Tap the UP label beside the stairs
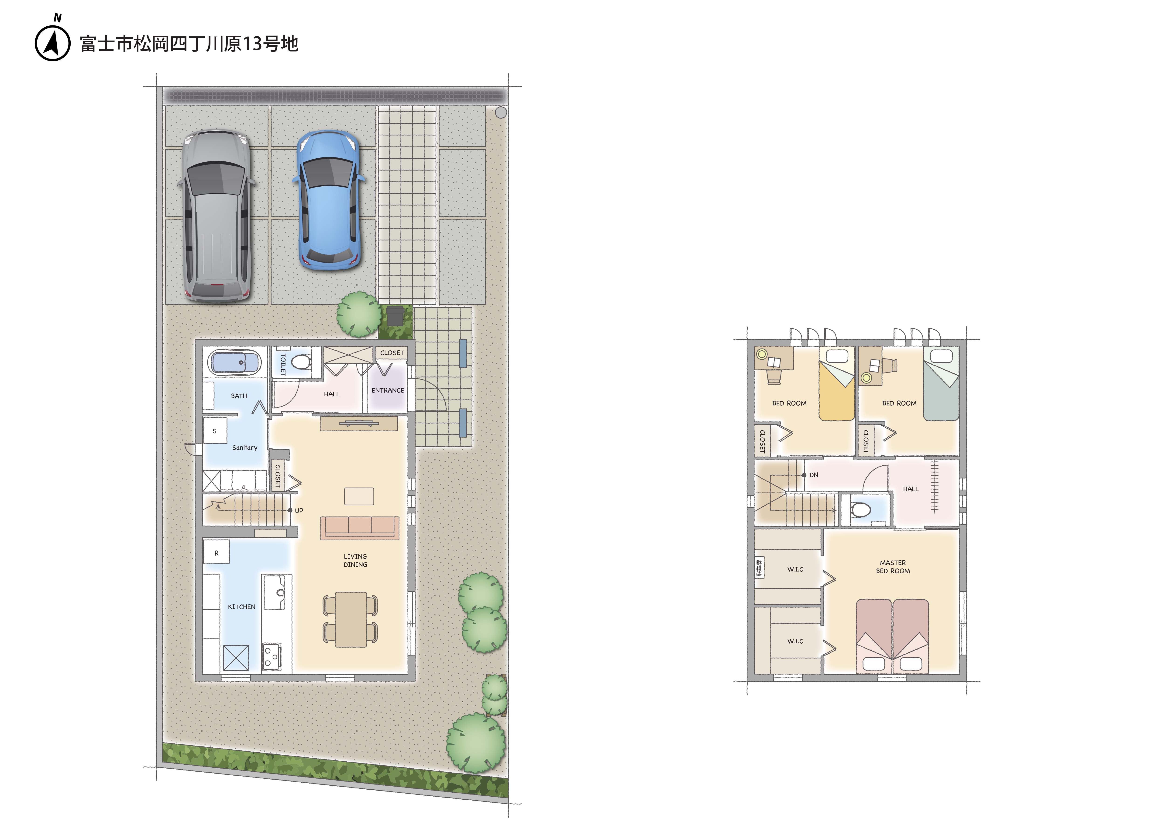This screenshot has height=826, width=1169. point(299,511)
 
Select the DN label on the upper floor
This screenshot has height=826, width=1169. point(814,475)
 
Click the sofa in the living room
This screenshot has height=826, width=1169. point(359,528)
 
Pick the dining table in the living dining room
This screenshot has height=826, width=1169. point(351,619)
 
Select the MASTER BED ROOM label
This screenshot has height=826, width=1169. point(893,567)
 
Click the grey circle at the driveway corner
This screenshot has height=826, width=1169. point(501,113)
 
